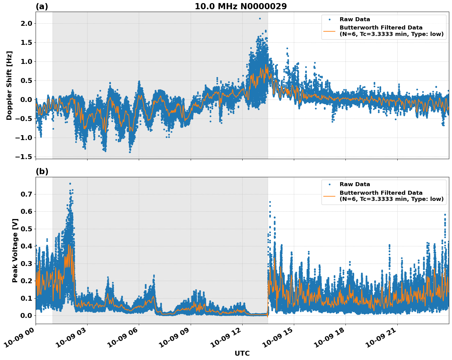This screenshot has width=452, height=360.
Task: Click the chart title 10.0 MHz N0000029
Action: [241, 6]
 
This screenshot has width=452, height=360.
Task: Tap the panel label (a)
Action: [42, 6]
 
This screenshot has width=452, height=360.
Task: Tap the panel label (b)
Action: [42, 172]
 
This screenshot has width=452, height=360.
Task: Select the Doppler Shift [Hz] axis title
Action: [9, 85]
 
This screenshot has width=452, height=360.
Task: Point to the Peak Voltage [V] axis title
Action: [15, 250]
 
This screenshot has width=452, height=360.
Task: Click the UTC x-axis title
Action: [242, 354]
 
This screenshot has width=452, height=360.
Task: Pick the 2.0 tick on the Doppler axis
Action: [26, 24]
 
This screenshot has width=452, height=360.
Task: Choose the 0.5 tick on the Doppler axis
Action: [26, 81]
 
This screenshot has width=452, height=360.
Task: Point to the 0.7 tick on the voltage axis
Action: [26, 194]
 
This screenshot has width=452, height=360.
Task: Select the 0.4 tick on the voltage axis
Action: [26, 246]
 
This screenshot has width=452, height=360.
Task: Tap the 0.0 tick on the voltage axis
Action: [26, 316]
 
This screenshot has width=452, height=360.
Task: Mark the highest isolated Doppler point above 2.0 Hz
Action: [260, 18]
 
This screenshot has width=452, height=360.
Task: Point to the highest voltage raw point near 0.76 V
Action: [70, 184]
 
